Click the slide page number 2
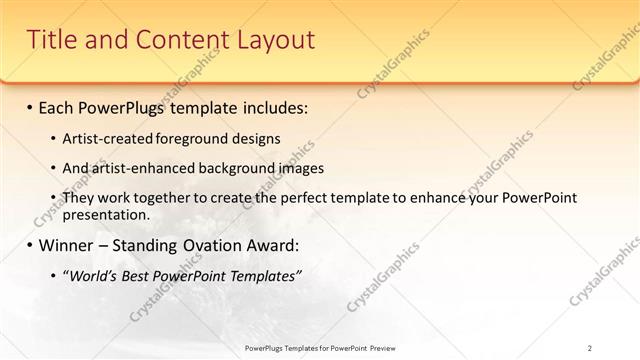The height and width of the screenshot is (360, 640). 590,348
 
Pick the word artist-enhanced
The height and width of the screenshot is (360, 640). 141,168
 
